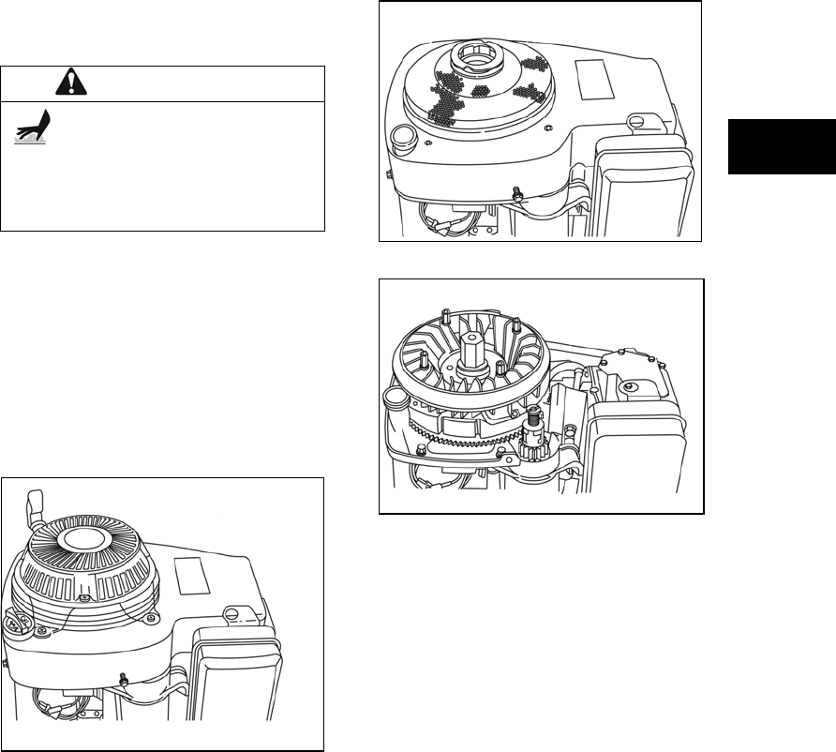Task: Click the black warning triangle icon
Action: (68, 83)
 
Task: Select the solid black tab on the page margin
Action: (781, 146)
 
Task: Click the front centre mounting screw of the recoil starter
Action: (84, 598)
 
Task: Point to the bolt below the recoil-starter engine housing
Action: (123, 677)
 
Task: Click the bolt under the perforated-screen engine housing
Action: (515, 194)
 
